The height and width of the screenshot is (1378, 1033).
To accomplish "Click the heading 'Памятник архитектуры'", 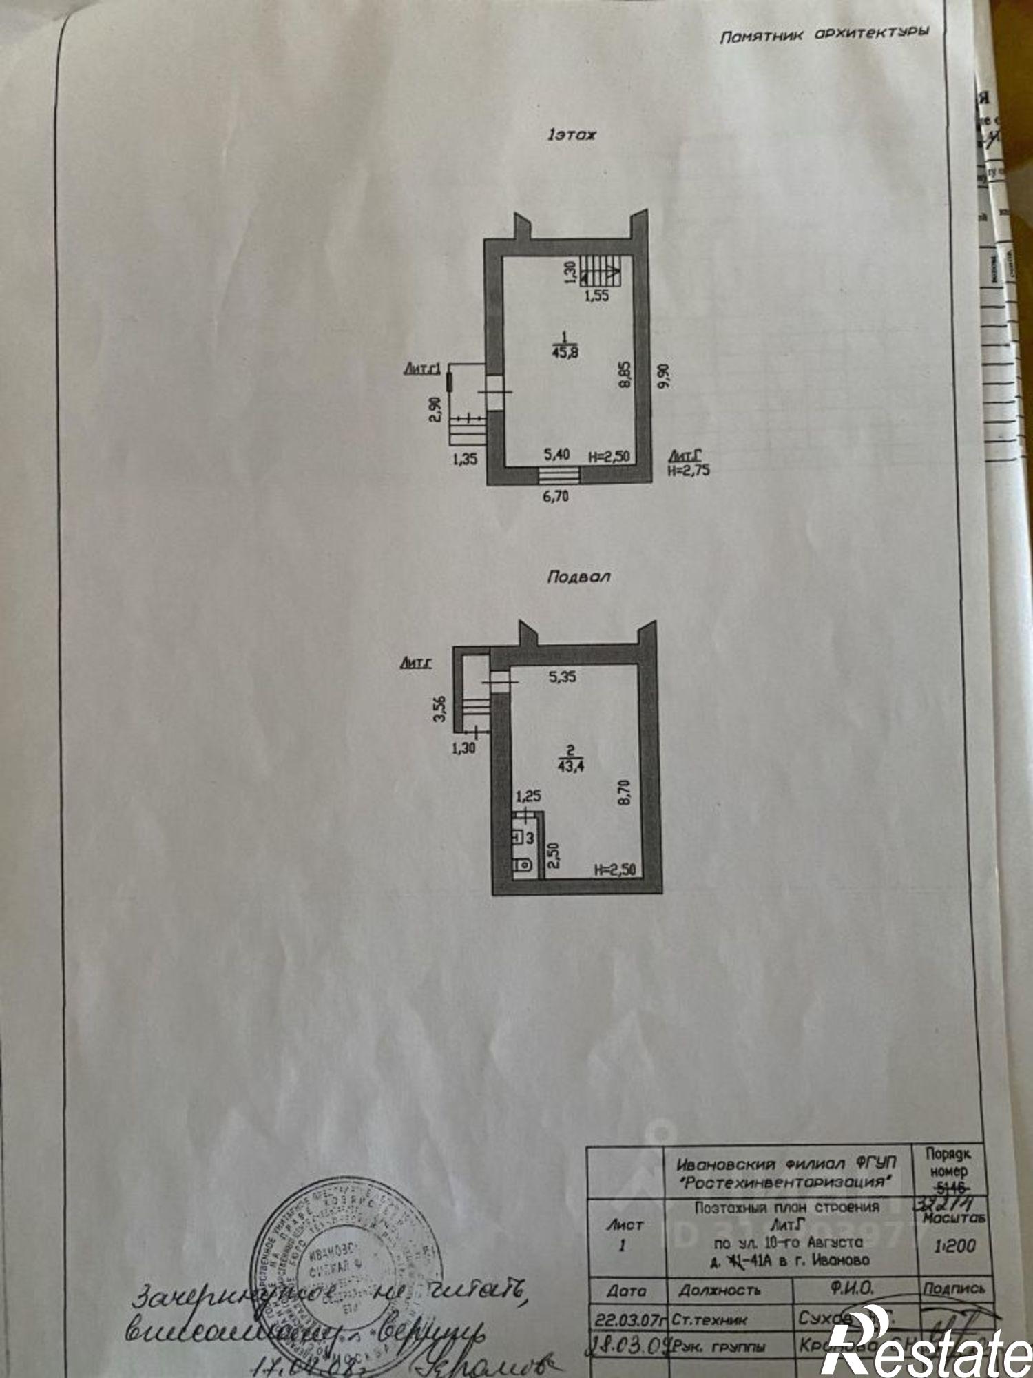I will pyautogui.click(x=824, y=34).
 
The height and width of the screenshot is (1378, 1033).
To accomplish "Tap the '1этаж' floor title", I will pyautogui.click(x=572, y=135).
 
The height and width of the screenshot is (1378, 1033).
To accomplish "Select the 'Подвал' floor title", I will pyautogui.click(x=578, y=577).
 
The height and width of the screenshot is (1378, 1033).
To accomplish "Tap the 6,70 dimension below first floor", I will pyautogui.click(x=556, y=495).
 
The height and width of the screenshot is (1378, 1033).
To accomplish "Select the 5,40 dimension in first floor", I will pyautogui.click(x=556, y=455).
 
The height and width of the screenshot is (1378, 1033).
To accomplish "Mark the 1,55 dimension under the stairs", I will pyautogui.click(x=596, y=297).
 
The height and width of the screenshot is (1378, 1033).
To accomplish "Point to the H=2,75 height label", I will pyautogui.click(x=689, y=471).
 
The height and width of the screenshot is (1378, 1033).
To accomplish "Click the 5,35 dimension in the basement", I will pyautogui.click(x=562, y=677).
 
